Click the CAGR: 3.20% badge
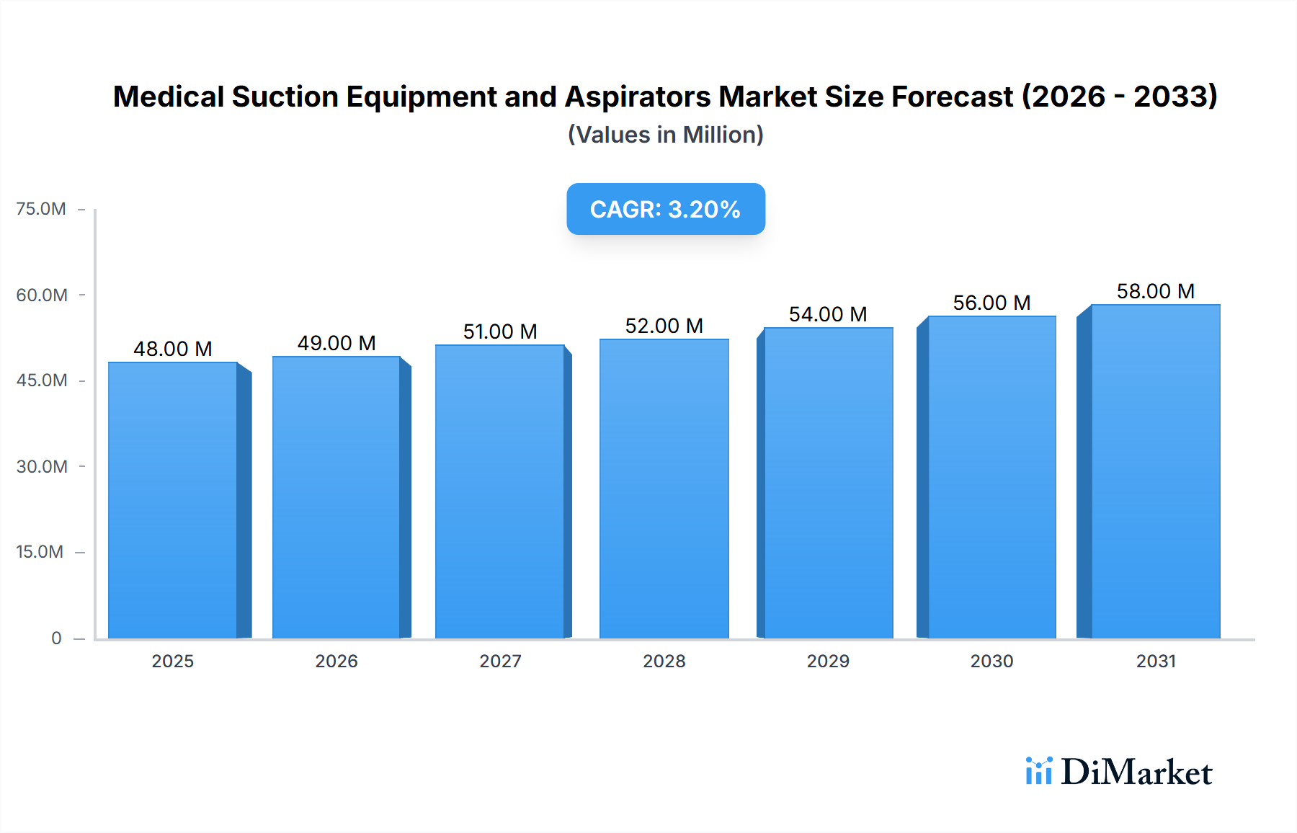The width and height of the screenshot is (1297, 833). [x=665, y=209]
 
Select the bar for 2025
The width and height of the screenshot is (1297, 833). [x=173, y=500]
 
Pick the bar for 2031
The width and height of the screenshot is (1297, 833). [x=1155, y=471]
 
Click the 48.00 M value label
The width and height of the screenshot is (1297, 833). [x=173, y=349]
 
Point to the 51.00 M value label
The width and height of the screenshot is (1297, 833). [x=500, y=331]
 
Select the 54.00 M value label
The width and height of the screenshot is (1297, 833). [x=828, y=314]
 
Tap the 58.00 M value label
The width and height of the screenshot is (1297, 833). [x=1155, y=291]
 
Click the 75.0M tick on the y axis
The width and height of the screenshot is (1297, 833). [x=41, y=209]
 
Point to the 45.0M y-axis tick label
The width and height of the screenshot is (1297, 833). [x=42, y=380]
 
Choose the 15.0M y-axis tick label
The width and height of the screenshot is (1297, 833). [x=40, y=552]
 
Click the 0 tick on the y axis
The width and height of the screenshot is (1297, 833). [x=56, y=638]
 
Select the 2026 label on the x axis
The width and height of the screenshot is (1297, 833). [x=336, y=661]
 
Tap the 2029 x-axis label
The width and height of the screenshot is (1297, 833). [x=828, y=661]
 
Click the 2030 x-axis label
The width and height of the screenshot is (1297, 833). [x=991, y=661]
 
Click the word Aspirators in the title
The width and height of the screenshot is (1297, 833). [x=637, y=97]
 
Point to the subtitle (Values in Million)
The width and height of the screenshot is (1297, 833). [x=665, y=135]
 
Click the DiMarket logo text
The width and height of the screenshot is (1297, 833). [x=1136, y=772]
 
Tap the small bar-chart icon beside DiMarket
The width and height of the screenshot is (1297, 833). [x=1038, y=771]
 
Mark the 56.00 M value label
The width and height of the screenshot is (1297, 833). [x=991, y=303]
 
